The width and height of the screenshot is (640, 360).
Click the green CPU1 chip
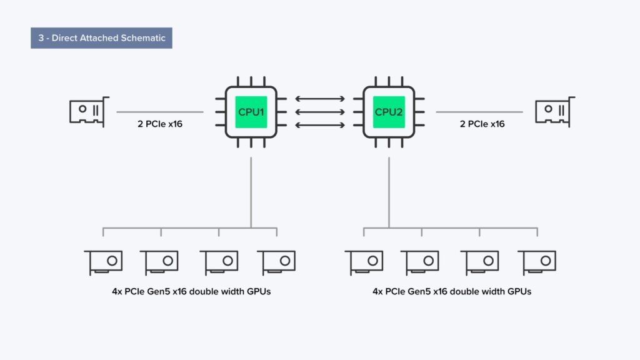[251, 112]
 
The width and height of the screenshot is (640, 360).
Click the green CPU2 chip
[389, 112]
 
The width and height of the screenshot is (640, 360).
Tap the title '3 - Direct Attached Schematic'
[101, 38]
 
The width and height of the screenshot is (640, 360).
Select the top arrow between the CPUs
[320, 99]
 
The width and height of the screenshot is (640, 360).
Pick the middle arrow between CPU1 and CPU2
[320, 112]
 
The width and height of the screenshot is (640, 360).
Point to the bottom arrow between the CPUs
[320, 126]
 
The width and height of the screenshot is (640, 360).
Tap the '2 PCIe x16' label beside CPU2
[482, 124]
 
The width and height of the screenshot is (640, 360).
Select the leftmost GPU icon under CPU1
[103, 262]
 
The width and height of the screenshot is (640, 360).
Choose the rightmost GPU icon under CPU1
[276, 262]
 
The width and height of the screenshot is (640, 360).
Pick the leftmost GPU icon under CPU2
[364, 262]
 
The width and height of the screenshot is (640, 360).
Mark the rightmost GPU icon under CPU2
[537, 262]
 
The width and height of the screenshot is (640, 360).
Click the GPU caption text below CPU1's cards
[187, 292]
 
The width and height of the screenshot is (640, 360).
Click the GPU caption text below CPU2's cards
[452, 292]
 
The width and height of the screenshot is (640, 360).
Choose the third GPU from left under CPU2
[479, 262]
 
